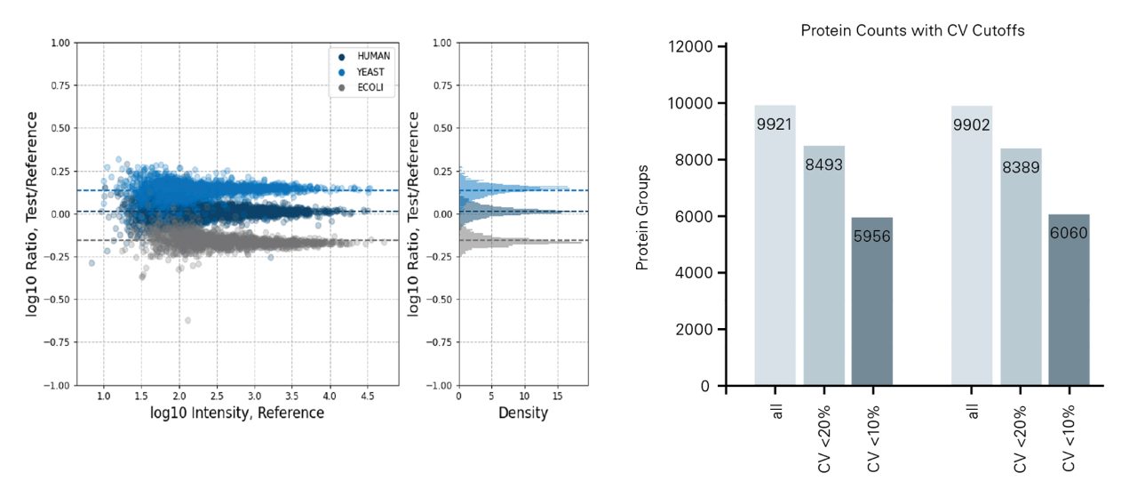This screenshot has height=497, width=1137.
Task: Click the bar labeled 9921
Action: pos(775,245)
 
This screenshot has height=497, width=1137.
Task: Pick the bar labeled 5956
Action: pos(871,301)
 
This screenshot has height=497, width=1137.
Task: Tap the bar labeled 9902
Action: pos(971,245)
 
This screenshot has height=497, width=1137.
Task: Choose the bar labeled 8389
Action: pos(1020,267)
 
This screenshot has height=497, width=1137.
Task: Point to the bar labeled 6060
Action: pos(1068,300)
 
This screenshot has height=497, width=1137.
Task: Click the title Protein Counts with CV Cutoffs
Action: pos(912,30)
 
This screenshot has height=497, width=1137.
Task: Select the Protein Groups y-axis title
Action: pos(643,217)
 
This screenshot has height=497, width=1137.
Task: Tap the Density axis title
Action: pos(523,413)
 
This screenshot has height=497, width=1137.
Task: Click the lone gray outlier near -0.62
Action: pos(187,320)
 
